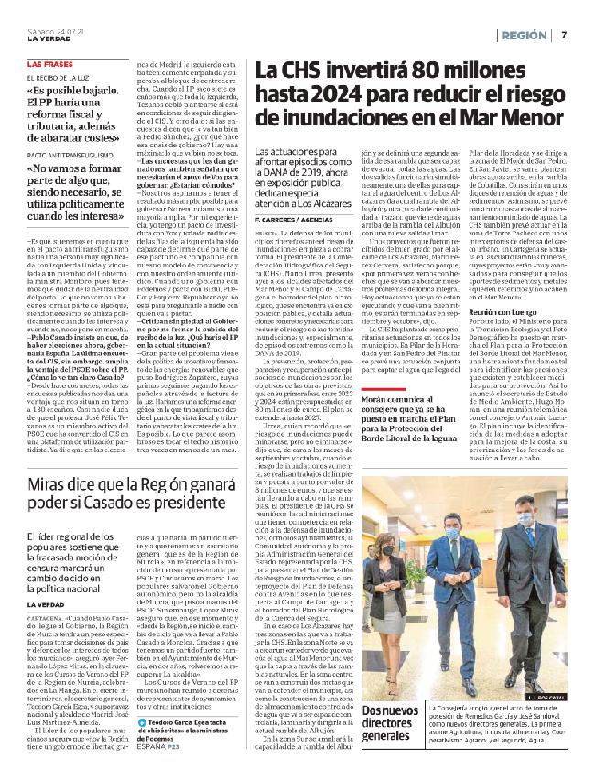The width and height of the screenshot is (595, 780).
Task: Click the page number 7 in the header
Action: pyautogui.click(x=566, y=35)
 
